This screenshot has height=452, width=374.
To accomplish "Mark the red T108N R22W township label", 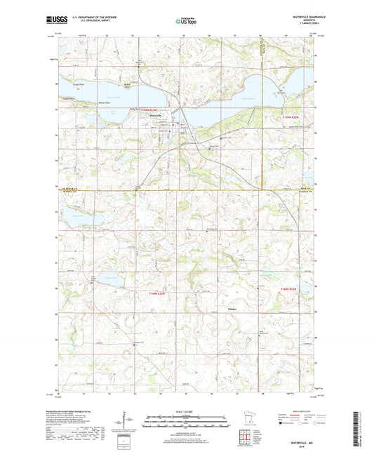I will (x=290, y=288).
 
